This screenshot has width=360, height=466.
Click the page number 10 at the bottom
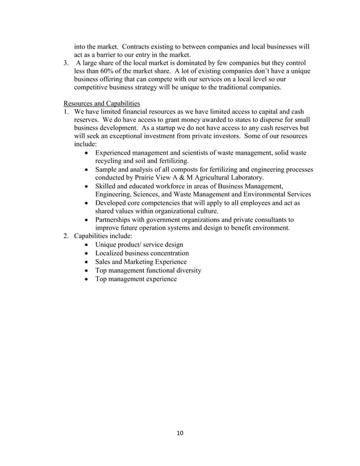coord(179,433)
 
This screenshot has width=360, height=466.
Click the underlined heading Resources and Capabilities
coord(102,103)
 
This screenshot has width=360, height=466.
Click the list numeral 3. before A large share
coord(66,63)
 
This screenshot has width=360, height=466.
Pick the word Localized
coord(112,253)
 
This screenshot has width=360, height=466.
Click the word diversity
coord(185,270)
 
